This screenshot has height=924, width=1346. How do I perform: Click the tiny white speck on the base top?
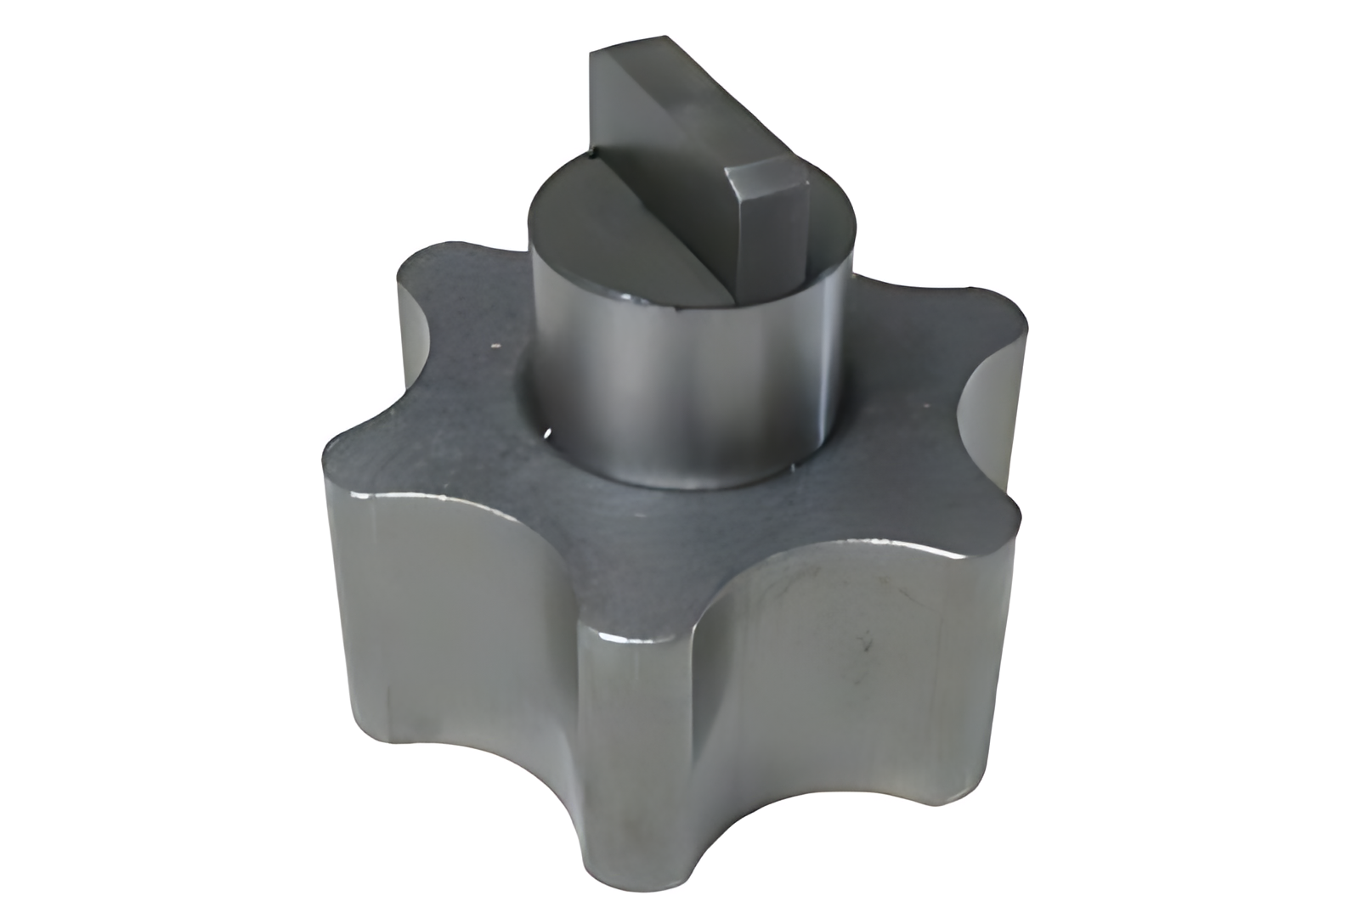491,346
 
